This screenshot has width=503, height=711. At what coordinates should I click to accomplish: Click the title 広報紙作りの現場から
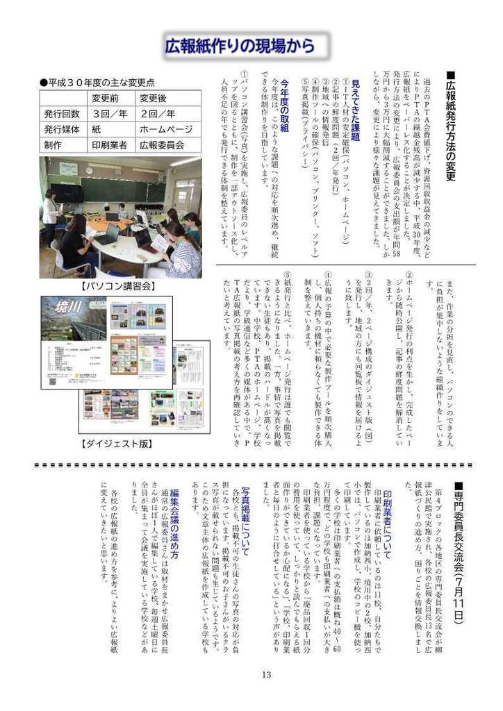pos(240,47)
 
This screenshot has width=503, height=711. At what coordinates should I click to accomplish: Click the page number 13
pos(265,695)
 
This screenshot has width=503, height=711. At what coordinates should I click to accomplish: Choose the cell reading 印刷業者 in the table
pos(110,145)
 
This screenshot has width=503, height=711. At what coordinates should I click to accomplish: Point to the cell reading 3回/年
pos(110,113)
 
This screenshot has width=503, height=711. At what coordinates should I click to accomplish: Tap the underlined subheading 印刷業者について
pos(386,513)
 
